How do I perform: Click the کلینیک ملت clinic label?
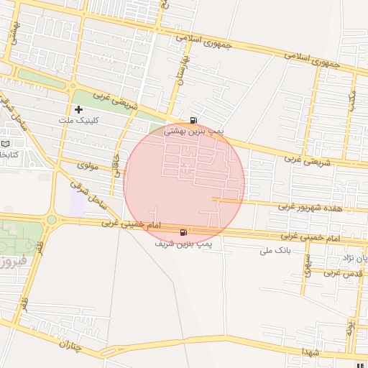click(x=78, y=120)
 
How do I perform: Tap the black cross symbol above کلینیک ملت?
click(x=78, y=109)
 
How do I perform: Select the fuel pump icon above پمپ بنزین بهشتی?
click(x=193, y=120)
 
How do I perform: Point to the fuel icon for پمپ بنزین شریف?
click(x=185, y=232)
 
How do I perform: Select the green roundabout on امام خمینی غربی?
click(x=52, y=220)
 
